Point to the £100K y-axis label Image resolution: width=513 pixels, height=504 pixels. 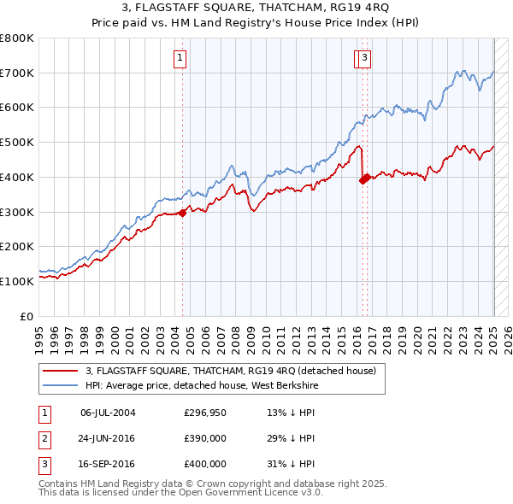point(17,281)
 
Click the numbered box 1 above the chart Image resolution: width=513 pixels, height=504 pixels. point(181,58)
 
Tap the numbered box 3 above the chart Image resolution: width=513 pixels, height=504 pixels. point(364,58)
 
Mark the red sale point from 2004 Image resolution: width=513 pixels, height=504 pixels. point(183,214)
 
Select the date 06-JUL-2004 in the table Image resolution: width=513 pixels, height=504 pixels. point(108,413)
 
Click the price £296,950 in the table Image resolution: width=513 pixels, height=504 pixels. point(205,413)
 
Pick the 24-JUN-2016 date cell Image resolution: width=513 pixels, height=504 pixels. point(108,438)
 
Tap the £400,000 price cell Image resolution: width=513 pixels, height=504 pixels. point(205,464)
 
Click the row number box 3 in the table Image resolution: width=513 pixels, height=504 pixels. point(44,464)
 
